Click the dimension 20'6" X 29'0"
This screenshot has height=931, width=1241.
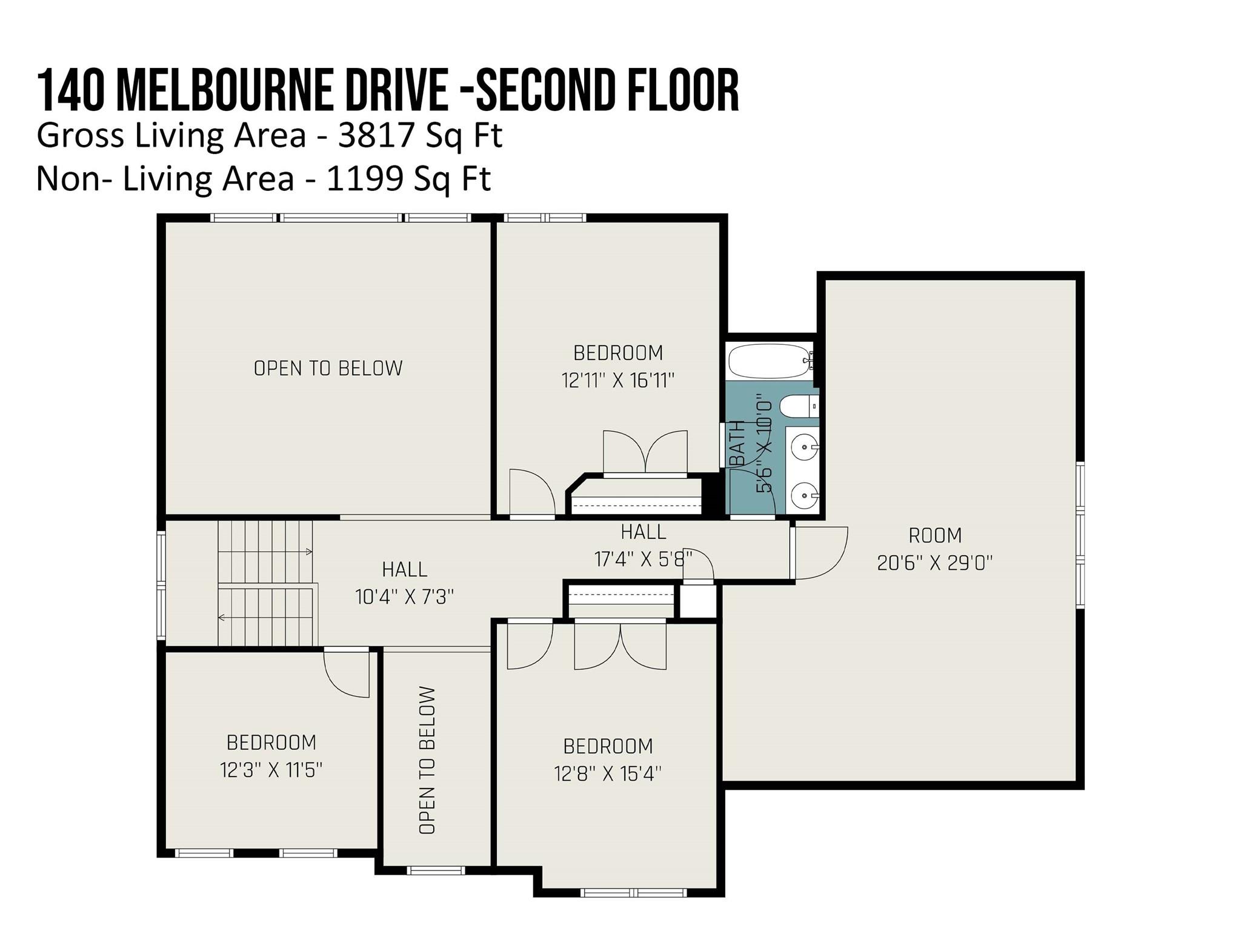click(934, 563)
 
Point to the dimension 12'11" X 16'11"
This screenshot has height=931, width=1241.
click(617, 381)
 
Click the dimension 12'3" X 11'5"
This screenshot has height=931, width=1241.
click(271, 770)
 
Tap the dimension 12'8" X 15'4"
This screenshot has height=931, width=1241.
click(607, 774)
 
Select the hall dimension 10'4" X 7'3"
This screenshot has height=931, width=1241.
click(404, 597)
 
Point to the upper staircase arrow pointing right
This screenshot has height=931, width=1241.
click(308, 552)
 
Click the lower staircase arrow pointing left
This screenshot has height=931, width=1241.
click(222, 618)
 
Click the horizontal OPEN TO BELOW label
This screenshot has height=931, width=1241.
click(328, 369)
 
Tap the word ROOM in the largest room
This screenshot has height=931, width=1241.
click(935, 535)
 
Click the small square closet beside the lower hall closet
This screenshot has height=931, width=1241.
click(697, 601)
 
